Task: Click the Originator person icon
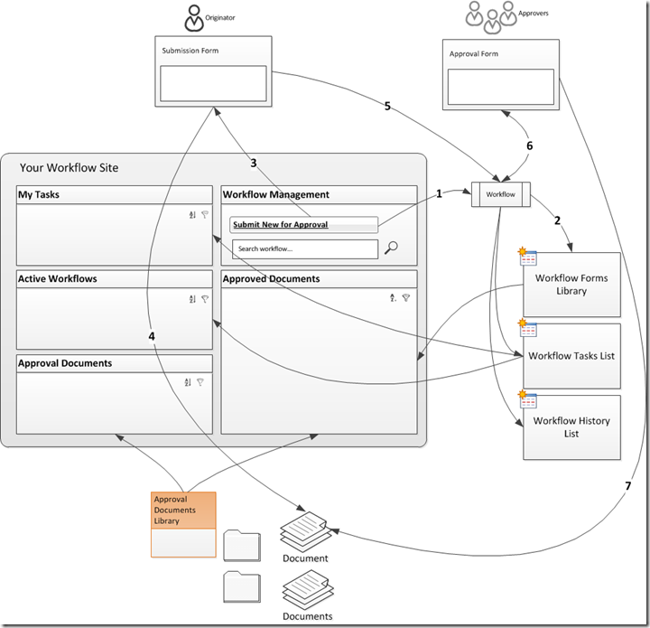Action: (194, 17)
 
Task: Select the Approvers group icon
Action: (491, 15)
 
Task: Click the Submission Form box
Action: (213, 71)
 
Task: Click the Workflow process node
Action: (500, 194)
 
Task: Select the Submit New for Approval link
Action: (280, 224)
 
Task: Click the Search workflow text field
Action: (304, 248)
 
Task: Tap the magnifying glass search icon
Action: (391, 248)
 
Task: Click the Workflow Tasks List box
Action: (571, 356)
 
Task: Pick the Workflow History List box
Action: (571, 427)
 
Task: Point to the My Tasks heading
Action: (39, 194)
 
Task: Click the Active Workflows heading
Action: (58, 279)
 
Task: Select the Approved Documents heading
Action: (271, 279)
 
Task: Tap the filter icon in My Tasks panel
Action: (205, 214)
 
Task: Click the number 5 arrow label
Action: (387, 107)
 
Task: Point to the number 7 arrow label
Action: (627, 486)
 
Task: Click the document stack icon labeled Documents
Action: (306, 591)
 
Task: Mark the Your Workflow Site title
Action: (69, 168)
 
